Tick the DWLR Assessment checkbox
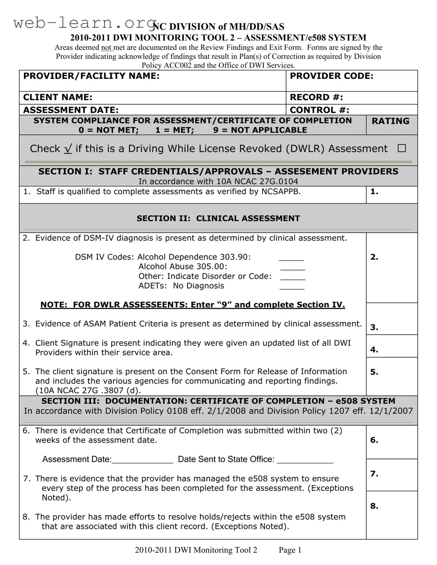[402, 148]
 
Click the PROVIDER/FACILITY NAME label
[91, 76]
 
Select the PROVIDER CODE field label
[331, 76]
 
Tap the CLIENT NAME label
[58, 98]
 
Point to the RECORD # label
[316, 98]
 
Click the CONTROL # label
[319, 110]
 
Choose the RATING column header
[390, 121]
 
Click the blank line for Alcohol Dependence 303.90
[291, 258]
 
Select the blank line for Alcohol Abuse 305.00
[292, 267]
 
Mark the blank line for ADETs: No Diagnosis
[292, 287]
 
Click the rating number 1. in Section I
[374, 192]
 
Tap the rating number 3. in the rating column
[374, 327]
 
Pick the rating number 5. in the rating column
[374, 372]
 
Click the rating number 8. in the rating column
[374, 506]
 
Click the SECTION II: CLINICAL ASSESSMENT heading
[218, 218]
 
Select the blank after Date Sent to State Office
[305, 460]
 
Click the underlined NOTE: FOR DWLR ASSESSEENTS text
[193, 305]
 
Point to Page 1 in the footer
[290, 550]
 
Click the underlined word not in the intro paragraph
[106, 48]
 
